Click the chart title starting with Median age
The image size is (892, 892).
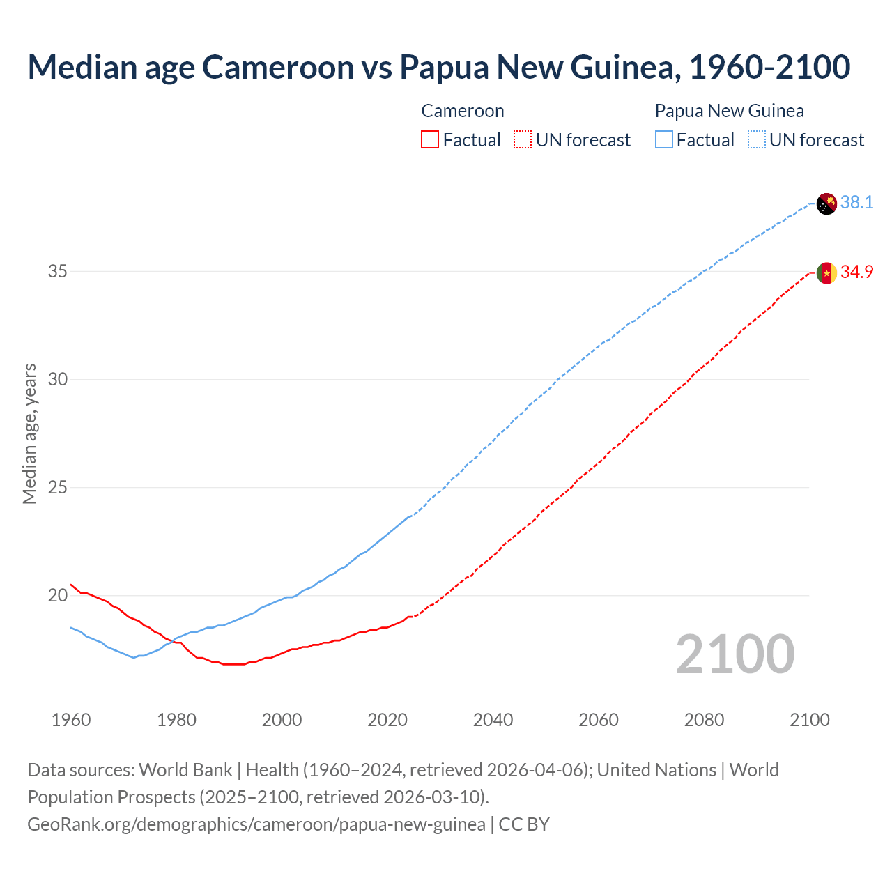[x=438, y=67]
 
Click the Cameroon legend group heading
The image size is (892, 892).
[x=462, y=111]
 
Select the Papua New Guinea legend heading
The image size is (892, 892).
[x=729, y=111]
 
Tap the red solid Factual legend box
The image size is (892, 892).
[x=430, y=140]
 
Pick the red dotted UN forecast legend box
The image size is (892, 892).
[x=523, y=140]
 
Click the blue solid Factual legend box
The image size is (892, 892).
[x=664, y=140]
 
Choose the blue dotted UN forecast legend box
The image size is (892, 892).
[x=757, y=140]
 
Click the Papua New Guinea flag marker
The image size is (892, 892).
[x=826, y=203]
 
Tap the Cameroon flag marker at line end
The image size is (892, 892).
[x=826, y=273]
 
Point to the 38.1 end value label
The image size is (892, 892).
[x=856, y=203]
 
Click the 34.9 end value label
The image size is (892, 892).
[x=856, y=272]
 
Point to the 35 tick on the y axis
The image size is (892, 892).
[x=57, y=271]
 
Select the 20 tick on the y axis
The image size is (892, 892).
[x=57, y=595]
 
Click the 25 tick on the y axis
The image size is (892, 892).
[x=57, y=487]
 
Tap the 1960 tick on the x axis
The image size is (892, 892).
[x=71, y=720]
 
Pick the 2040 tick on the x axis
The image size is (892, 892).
[x=493, y=720]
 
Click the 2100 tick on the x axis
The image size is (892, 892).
[x=809, y=720]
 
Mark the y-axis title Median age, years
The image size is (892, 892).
[x=29, y=433]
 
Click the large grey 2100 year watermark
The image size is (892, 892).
[x=735, y=654]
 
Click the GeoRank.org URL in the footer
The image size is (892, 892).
[x=256, y=824]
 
